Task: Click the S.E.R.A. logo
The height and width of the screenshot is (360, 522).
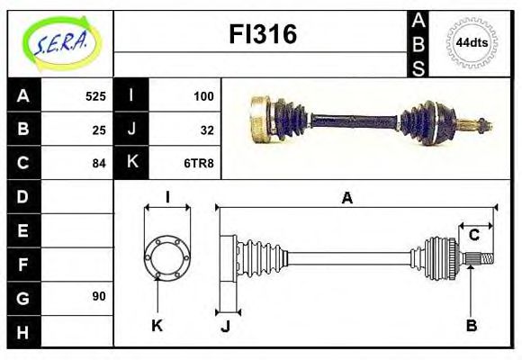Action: (x=60, y=42)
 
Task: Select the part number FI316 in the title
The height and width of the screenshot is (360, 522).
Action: (x=261, y=35)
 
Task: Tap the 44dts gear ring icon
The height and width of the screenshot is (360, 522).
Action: (x=471, y=42)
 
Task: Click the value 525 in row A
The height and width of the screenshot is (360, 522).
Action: (x=95, y=95)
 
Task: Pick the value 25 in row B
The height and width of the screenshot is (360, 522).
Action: (x=99, y=129)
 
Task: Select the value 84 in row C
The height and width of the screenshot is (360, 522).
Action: (x=99, y=163)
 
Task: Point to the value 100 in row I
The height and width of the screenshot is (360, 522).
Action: (x=203, y=95)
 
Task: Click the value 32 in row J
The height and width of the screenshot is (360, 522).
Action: (x=207, y=129)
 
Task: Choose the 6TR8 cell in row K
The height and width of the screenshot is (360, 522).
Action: (x=200, y=163)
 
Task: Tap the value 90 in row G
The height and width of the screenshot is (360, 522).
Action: (x=99, y=296)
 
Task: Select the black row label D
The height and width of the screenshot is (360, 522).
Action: (x=23, y=195)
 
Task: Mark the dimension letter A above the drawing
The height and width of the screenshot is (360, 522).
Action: (x=346, y=198)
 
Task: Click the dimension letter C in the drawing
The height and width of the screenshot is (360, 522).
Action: (x=473, y=236)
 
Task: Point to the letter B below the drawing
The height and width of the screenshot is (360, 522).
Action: (x=471, y=326)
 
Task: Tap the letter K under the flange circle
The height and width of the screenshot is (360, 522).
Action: (x=157, y=326)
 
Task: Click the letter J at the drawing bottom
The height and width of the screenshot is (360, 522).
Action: (x=226, y=326)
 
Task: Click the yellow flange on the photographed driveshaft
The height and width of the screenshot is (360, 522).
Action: (x=260, y=120)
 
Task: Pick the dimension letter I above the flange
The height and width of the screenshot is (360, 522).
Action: (x=167, y=197)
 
